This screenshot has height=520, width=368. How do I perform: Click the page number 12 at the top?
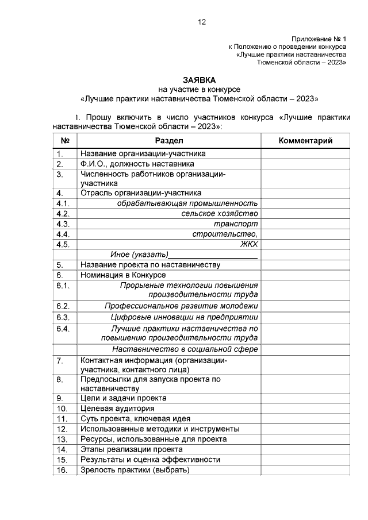tap(201, 22)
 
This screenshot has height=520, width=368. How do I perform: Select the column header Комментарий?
tap(305, 141)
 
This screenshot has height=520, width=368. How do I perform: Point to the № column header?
tap(65, 141)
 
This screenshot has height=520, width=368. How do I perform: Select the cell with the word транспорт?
tap(235, 224)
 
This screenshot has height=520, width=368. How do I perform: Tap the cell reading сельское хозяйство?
tap(219, 213)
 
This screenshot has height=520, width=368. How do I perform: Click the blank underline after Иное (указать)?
tap(213, 255)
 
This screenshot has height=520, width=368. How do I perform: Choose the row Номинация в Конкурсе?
tap(123, 275)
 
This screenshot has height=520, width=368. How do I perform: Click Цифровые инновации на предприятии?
tap(184, 317)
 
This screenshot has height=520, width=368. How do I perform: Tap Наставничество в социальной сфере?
tap(185, 349)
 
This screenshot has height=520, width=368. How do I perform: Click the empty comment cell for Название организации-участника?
tap(305, 153)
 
